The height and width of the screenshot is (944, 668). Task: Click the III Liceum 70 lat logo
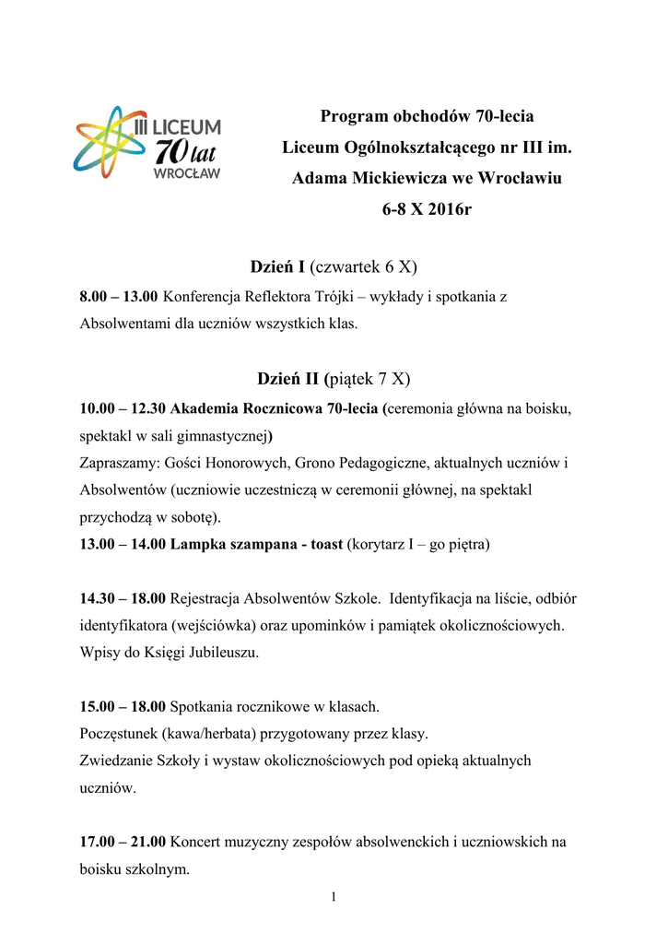147,142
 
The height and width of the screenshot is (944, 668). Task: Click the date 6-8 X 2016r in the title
427,209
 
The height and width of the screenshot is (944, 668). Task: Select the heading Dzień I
277,266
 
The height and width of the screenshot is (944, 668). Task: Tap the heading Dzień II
286,378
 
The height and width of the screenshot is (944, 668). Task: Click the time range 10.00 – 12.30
123,407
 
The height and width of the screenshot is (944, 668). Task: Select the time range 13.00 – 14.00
123,545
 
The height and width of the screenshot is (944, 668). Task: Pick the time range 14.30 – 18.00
123,599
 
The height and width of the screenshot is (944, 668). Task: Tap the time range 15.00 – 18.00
123,707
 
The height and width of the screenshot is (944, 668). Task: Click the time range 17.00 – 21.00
123,841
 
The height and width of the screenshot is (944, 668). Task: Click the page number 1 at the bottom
334,898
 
